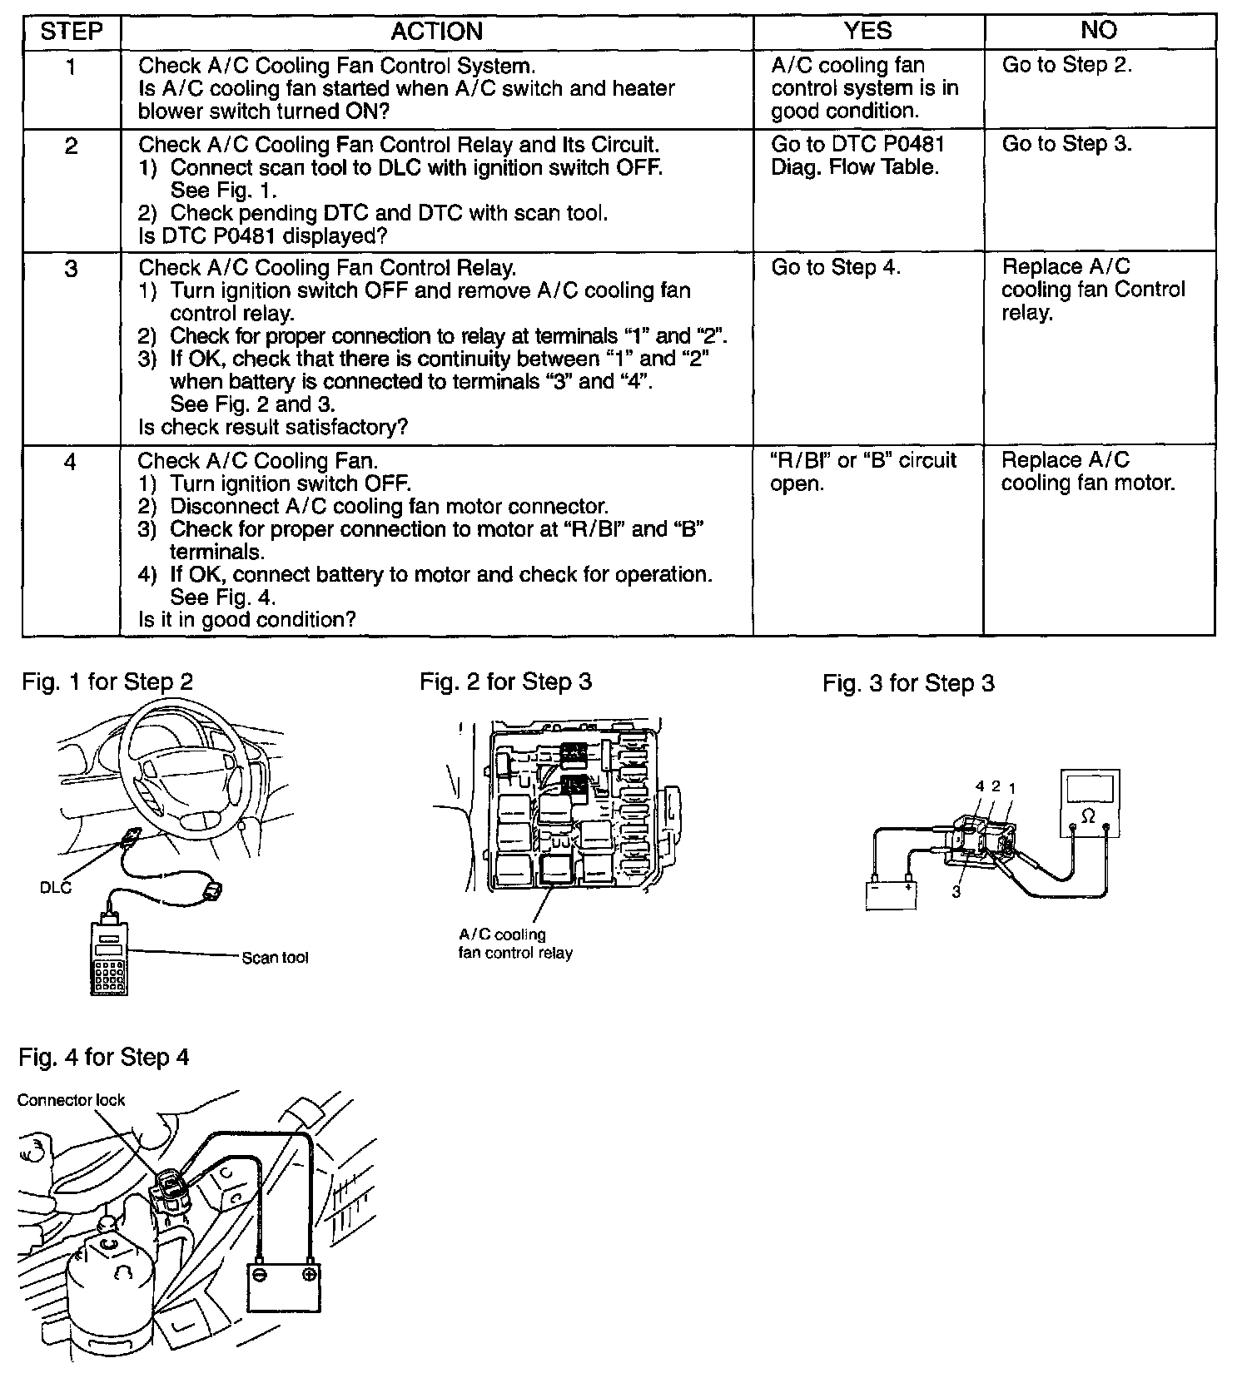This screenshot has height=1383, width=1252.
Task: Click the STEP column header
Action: coord(72,32)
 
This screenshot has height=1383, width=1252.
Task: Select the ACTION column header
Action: coord(436,32)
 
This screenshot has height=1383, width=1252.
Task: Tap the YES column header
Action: coord(867,31)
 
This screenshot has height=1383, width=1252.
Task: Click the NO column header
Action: coord(1098,31)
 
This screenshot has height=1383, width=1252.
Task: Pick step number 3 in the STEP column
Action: coord(72,269)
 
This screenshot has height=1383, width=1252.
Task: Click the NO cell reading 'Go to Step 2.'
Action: coord(1066,65)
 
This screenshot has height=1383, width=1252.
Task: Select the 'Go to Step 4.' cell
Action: coord(836,267)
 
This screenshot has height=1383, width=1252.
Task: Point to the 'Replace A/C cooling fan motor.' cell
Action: coord(1087,471)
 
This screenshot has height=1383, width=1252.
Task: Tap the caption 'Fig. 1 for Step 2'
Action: coord(107,682)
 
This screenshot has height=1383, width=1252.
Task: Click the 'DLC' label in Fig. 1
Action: coord(56,887)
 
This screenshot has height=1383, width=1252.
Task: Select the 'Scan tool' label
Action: coord(275,958)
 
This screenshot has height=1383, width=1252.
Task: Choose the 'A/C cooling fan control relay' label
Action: coord(514,944)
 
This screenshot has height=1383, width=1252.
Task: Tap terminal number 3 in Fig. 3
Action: coord(956,892)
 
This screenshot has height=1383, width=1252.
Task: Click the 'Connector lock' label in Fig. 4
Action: coord(71,1100)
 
